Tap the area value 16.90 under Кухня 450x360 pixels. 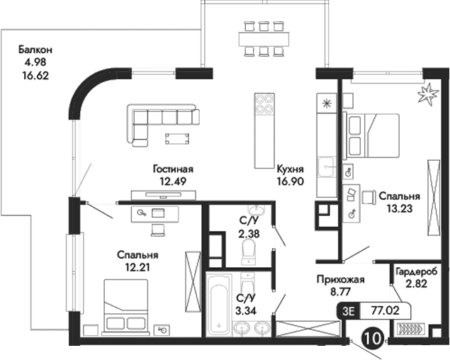pos(291,181)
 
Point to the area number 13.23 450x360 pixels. pos(399,208)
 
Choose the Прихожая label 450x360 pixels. pos(340,279)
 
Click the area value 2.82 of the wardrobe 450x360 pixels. pos(418,284)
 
